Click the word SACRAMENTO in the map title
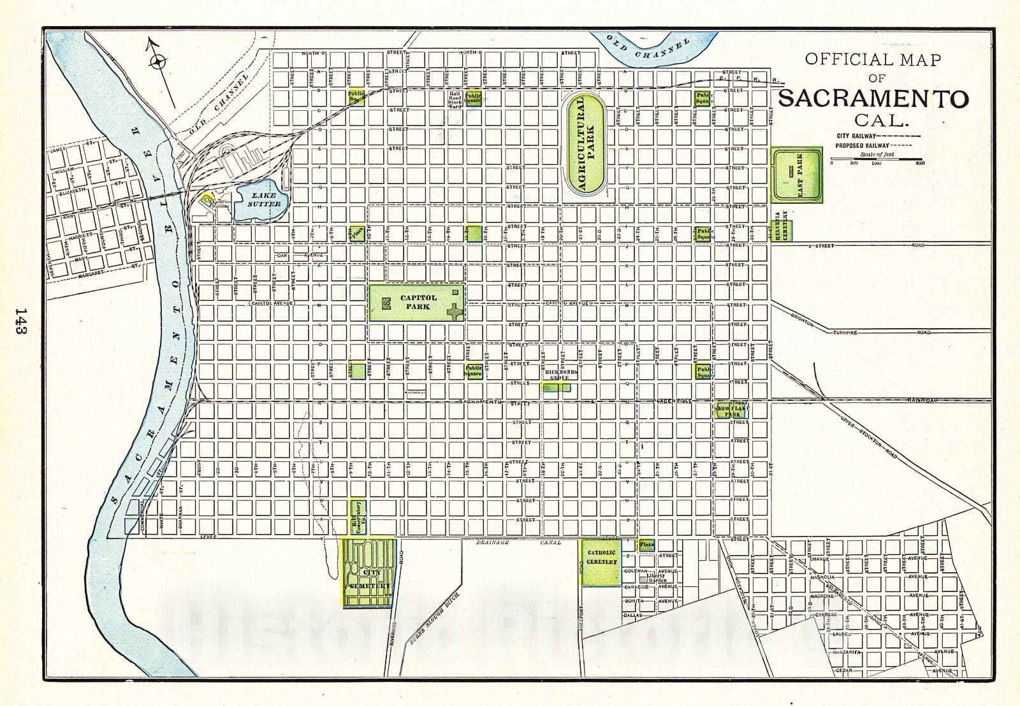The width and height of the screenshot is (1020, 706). click(x=873, y=99)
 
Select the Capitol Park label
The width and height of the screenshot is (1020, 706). click(x=419, y=302)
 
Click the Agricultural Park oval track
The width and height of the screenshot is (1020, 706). click(x=586, y=145)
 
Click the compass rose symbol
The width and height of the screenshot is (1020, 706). click(x=158, y=62)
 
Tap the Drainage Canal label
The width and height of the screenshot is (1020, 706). click(x=518, y=542)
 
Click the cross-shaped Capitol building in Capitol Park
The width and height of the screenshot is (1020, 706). click(x=455, y=312)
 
